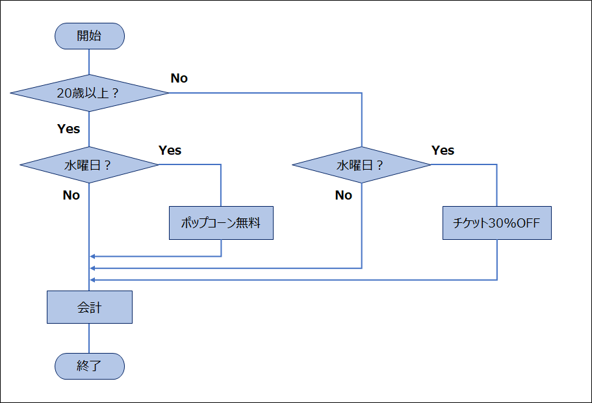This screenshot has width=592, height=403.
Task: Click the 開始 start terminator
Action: pos(90,36)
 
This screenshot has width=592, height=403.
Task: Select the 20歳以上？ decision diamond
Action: pos(89,93)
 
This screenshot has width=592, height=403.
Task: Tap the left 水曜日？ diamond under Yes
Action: pos(89,164)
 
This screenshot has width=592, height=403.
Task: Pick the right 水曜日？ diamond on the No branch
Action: pos(362,164)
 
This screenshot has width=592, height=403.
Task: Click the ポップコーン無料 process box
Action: pos(221,223)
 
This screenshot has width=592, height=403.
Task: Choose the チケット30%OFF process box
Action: pos(497,223)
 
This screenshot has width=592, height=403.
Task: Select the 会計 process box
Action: pos(90,307)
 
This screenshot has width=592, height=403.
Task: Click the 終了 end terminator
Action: pos(90,366)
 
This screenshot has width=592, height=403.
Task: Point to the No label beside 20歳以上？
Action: pos(179,78)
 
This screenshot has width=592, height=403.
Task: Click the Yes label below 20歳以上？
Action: pos(68,129)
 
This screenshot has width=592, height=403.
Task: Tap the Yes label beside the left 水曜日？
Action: pos(170,150)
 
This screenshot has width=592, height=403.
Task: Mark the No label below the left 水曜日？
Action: pos(71,195)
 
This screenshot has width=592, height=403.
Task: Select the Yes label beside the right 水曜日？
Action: pos(443,150)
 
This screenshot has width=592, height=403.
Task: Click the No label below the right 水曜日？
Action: pos(344,195)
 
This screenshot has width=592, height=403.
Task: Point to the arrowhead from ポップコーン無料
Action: pos(92,257)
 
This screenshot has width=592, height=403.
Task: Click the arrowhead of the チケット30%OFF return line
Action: pos(92,280)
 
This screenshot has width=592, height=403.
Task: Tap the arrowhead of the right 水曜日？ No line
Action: pos(92,268)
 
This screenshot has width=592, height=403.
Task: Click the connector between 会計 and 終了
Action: pos(89,339)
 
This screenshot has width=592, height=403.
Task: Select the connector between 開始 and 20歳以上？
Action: pos(89,62)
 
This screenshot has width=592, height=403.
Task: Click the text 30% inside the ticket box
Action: pos(502,223)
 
